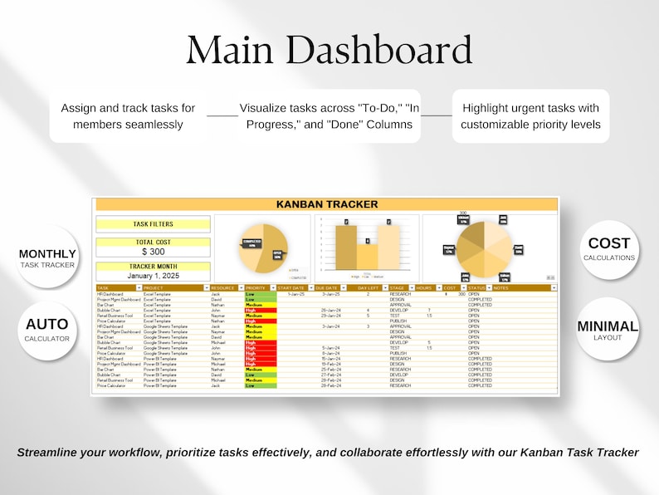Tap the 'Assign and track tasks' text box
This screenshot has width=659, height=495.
click(x=128, y=116)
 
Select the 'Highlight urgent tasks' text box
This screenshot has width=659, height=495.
click(x=530, y=116)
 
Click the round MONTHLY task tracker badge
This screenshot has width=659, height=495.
click(x=47, y=257)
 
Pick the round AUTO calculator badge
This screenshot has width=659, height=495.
click(x=47, y=329)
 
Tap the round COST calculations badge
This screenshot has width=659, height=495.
click(x=608, y=248)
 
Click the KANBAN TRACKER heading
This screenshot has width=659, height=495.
click(x=326, y=203)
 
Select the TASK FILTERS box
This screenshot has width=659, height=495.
click(x=153, y=223)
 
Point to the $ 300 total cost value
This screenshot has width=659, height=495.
click(x=153, y=251)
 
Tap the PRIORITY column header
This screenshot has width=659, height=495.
click(x=256, y=287)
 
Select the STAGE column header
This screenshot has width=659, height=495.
click(x=398, y=287)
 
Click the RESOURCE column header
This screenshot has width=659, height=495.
click(x=223, y=287)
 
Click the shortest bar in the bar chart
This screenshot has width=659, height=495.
click(x=367, y=256)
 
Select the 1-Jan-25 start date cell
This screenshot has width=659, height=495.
click(x=295, y=294)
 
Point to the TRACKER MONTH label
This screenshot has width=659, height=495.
click(x=153, y=266)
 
